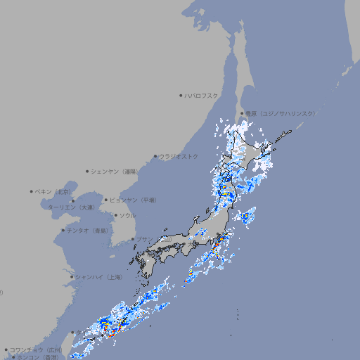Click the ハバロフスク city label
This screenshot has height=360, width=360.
(x=202, y=95)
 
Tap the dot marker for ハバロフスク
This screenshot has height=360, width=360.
(x=181, y=95)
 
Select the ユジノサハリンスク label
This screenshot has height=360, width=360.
(x=279, y=113)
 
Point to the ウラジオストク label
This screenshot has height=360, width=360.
(x=179, y=156)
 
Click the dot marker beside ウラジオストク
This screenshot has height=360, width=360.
(x=155, y=156)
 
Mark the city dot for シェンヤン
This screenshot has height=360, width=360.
(x=87, y=171)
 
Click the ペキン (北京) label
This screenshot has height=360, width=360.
(x=54, y=191)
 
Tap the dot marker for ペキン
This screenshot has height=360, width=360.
(x=32, y=191)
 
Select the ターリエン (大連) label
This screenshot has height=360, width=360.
(x=71, y=207)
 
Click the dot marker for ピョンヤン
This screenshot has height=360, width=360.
(x=106, y=200)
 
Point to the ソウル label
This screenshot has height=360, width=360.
(x=127, y=216)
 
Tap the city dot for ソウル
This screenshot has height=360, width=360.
(x=115, y=216)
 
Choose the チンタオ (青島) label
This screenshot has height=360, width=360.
(x=88, y=231)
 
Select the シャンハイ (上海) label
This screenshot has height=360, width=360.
(x=99, y=277)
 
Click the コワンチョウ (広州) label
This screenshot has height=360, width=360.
(x=36, y=349)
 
